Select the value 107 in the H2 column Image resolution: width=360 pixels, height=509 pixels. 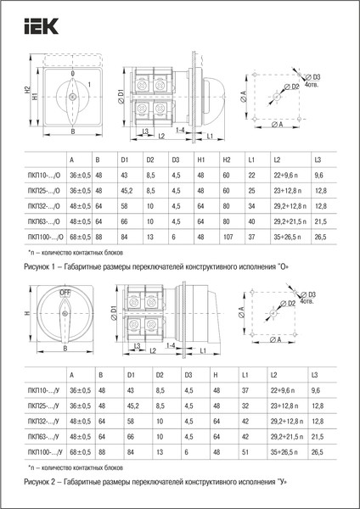tap(227, 238)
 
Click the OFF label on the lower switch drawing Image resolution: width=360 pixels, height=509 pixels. tap(65, 291)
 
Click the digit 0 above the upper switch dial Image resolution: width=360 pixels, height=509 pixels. tap(72, 73)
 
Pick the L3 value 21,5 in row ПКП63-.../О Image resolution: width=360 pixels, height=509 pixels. tap(320, 221)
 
